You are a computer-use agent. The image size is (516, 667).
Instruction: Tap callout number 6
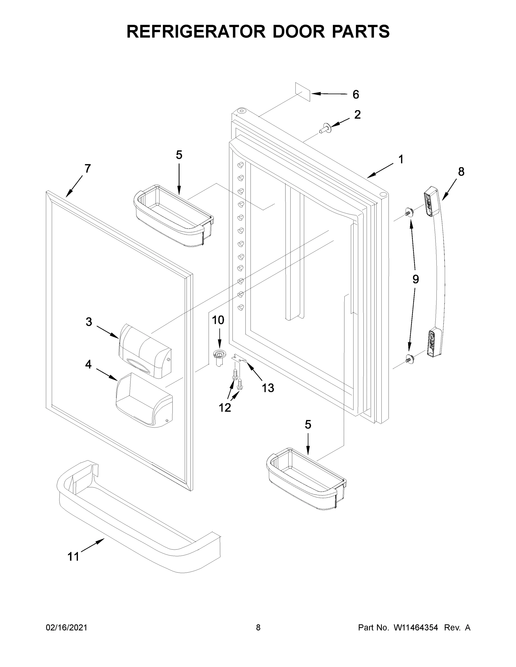click(355, 95)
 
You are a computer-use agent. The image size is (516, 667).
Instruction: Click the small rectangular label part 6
click(303, 92)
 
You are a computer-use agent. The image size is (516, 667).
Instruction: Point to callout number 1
click(401, 160)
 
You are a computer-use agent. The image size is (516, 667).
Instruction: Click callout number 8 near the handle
click(461, 172)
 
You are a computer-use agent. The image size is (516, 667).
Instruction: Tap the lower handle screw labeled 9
click(408, 358)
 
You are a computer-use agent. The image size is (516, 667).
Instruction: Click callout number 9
click(415, 279)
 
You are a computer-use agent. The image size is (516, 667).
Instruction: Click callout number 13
click(268, 388)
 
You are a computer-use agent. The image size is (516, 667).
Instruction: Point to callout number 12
click(225, 407)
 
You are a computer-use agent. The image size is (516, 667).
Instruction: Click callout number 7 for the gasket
click(88, 169)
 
